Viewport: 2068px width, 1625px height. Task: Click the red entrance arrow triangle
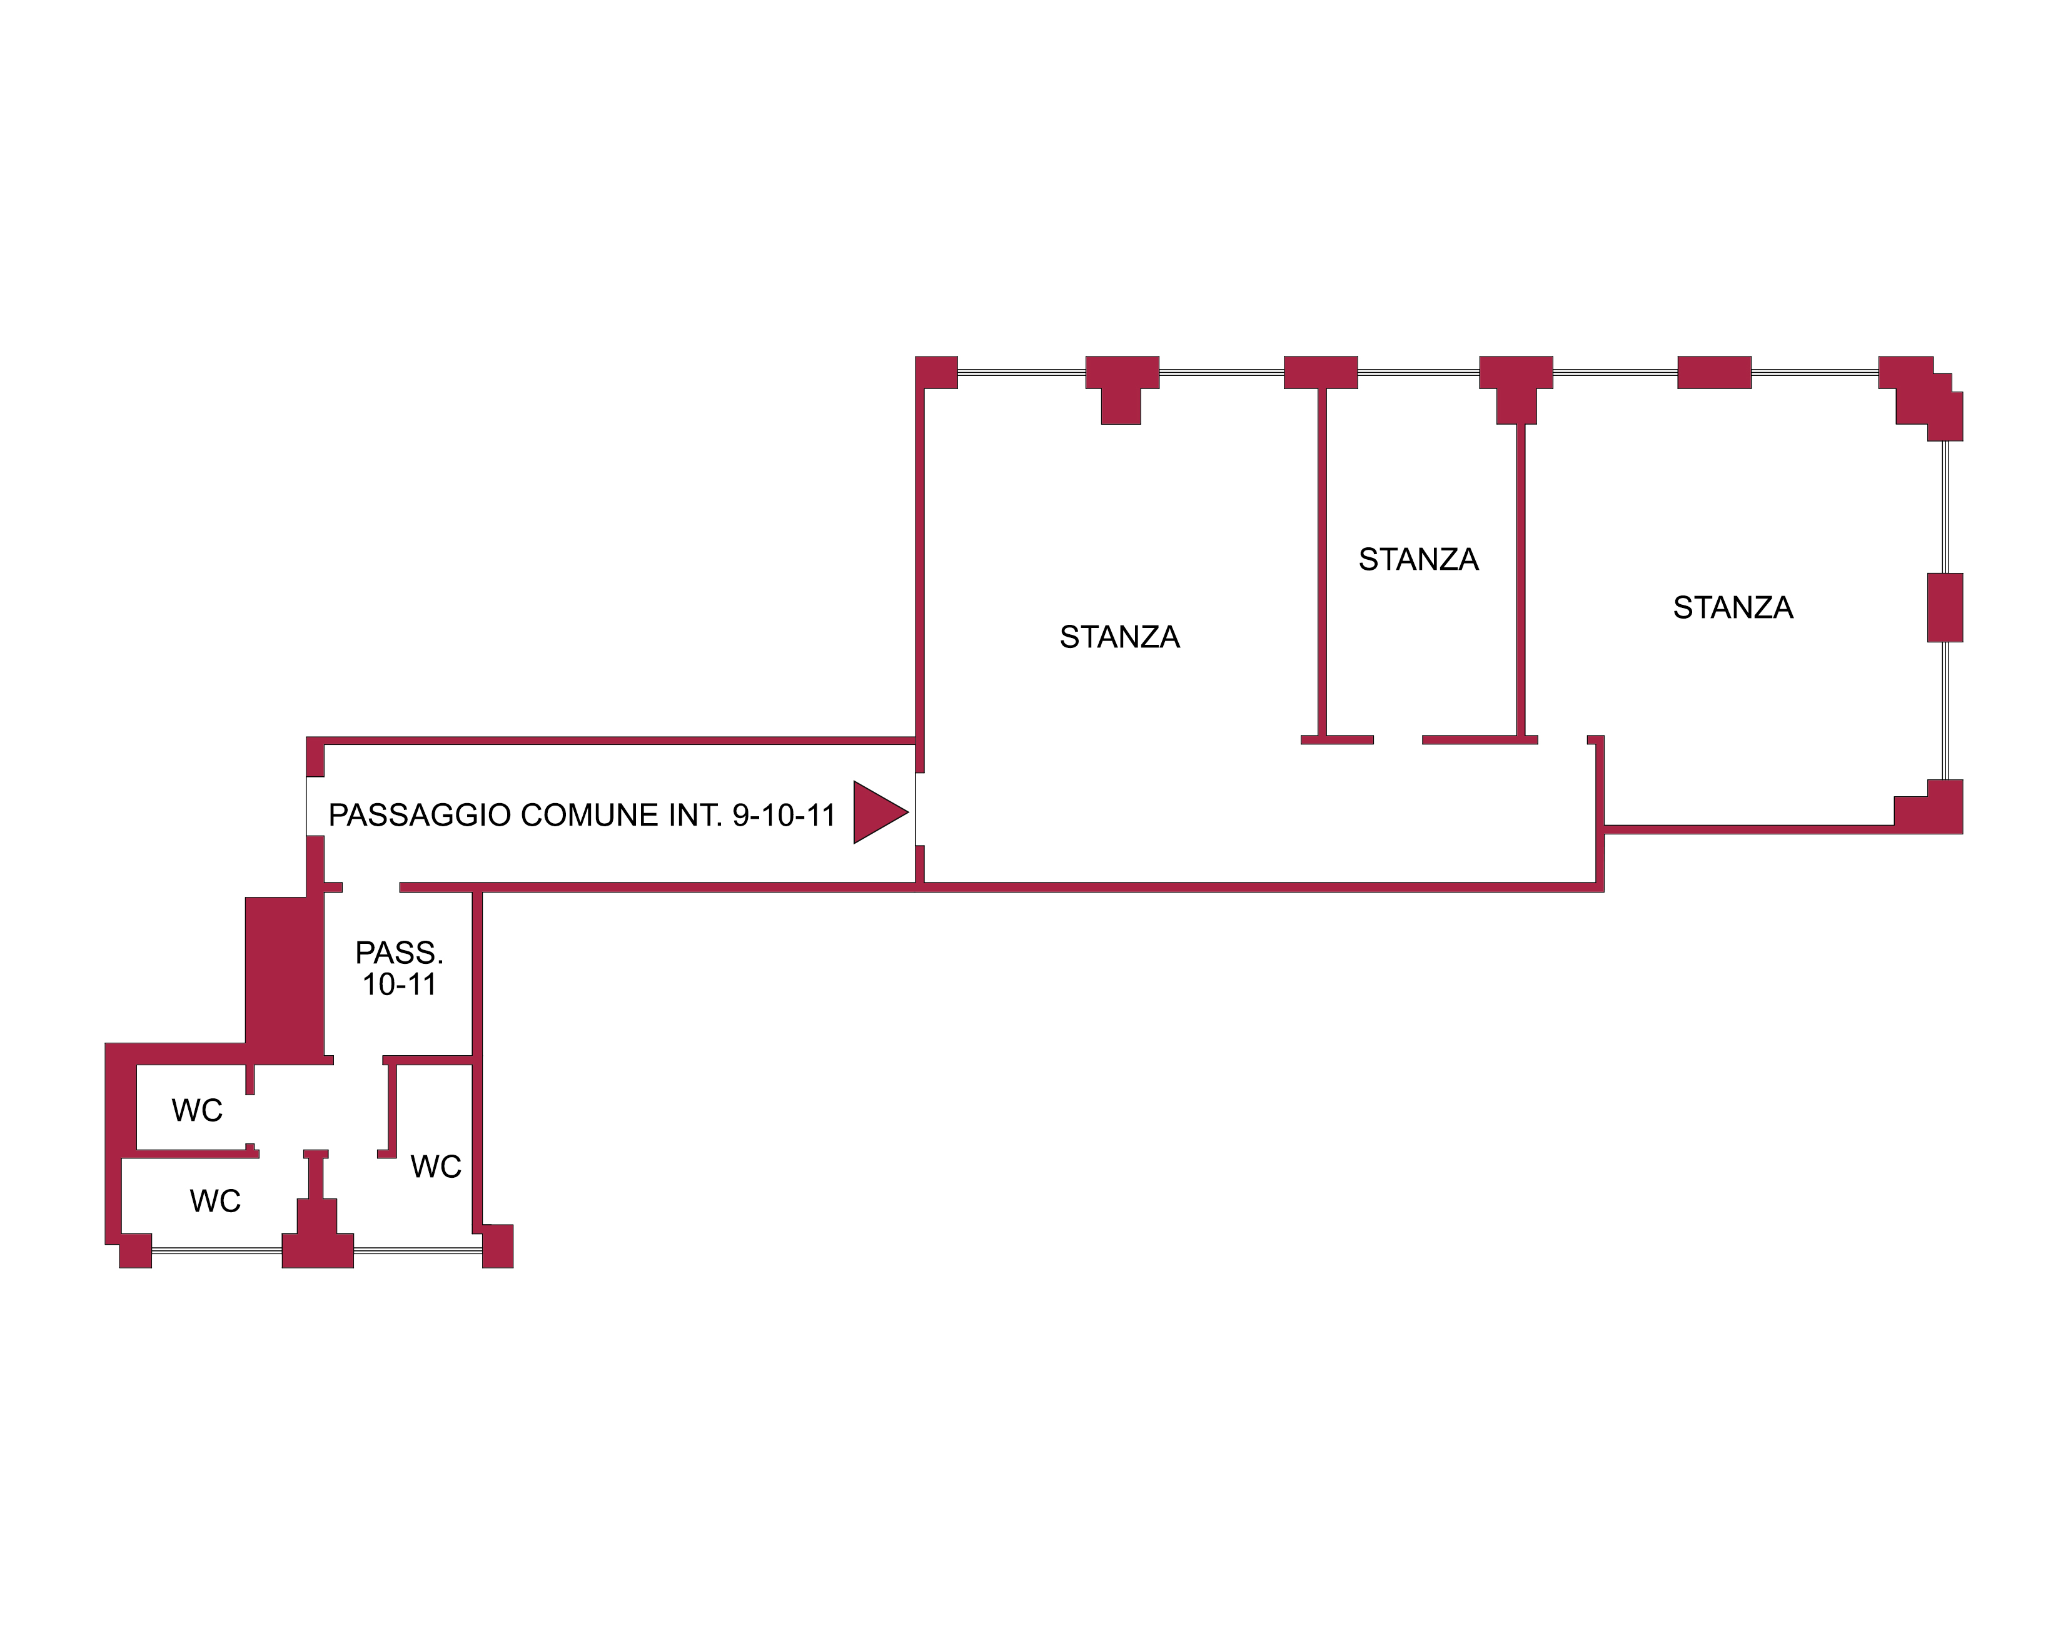point(877,812)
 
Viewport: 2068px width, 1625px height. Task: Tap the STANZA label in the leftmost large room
point(1119,637)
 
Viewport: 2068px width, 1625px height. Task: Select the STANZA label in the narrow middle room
point(1418,559)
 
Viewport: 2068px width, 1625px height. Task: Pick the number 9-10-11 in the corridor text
point(783,816)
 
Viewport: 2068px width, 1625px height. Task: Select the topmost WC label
point(197,1110)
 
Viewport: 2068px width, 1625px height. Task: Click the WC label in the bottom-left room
point(215,1202)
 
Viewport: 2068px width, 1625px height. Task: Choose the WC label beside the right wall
point(436,1167)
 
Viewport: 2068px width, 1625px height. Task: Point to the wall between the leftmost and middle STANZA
point(1321,561)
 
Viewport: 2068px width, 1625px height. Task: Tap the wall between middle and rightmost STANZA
point(1520,580)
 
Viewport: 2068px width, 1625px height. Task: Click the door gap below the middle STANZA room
point(1398,739)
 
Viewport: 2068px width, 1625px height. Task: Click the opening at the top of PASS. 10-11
point(370,888)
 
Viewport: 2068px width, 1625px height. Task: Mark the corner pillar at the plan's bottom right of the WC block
point(498,1247)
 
